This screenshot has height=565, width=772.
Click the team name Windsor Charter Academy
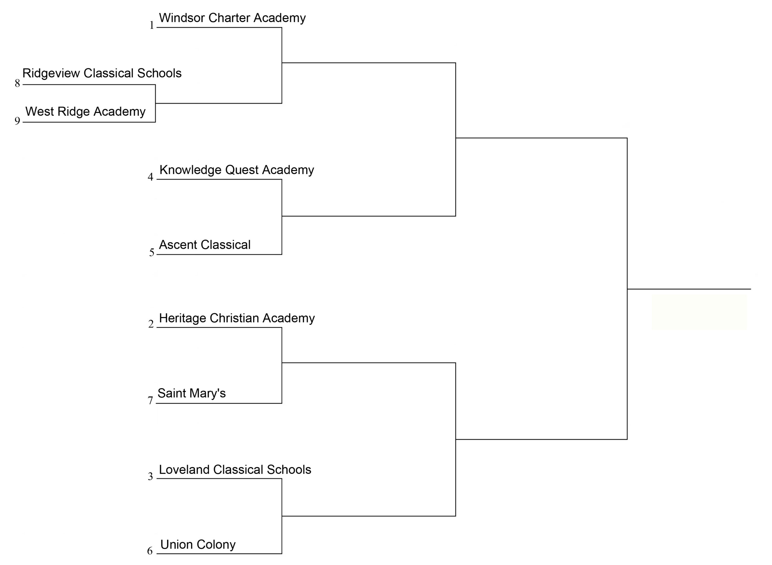tap(232, 18)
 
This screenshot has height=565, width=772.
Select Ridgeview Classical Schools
tap(102, 73)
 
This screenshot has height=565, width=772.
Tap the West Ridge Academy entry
tap(86, 112)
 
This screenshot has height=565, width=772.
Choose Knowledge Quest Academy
tap(236, 170)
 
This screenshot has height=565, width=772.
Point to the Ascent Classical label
tap(205, 245)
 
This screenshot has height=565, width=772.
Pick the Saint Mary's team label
tap(192, 393)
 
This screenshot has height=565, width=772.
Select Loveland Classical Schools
tap(235, 470)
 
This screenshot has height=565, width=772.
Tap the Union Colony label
tap(198, 545)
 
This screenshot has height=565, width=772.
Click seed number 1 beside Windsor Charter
tap(152, 25)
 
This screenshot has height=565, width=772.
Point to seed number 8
tap(17, 83)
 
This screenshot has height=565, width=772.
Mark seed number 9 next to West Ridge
tap(17, 121)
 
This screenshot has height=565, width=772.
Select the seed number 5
tap(152, 253)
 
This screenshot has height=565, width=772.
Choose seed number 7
tap(150, 401)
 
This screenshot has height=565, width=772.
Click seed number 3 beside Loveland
tap(150, 477)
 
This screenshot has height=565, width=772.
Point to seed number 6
tap(150, 551)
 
